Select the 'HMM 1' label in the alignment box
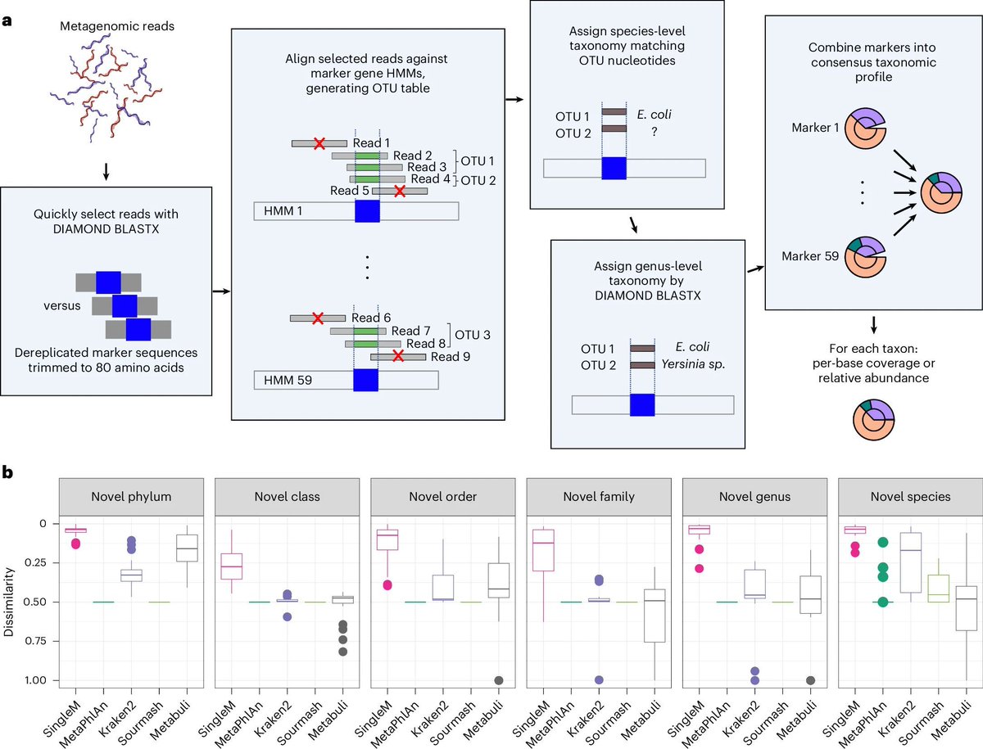[x=283, y=211]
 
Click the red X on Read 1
[x=319, y=143]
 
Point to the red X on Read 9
[x=398, y=356]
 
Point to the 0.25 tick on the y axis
[x=38, y=562]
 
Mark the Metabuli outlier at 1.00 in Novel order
[x=498, y=680]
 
